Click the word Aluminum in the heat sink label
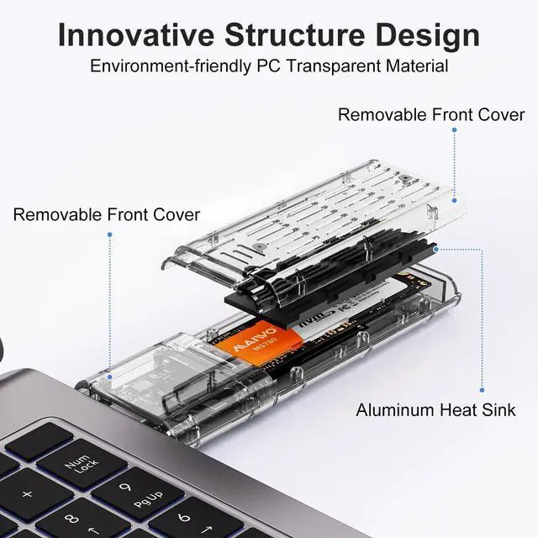pos(395,410)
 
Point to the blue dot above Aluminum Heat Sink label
pos(481,389)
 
